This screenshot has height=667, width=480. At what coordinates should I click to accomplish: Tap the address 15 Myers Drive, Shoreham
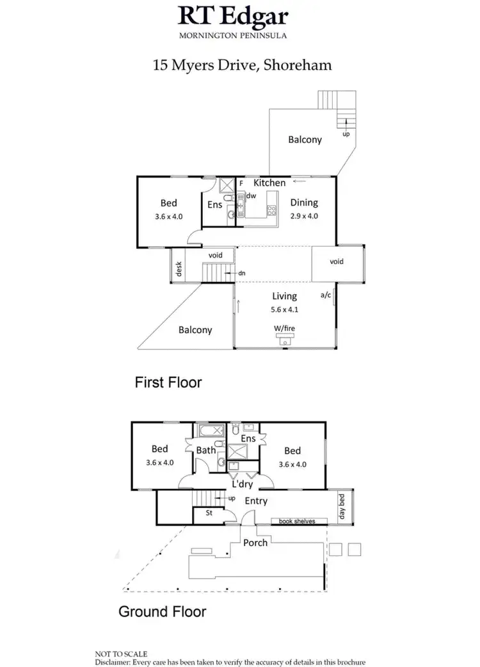coord(240,65)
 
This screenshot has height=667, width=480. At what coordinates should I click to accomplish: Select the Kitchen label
coord(269,183)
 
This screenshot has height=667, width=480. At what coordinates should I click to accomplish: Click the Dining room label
coord(304,202)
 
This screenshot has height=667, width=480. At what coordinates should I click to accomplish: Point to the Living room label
coord(284,296)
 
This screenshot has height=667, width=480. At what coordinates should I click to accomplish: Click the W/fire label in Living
coord(285,329)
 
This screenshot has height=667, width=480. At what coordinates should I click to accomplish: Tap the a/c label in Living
coord(326,296)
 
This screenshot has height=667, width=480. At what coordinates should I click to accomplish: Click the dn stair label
coord(241,274)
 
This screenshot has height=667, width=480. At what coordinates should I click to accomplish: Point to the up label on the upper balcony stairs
coord(347,135)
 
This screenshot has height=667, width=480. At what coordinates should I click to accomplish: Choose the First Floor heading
coord(168,383)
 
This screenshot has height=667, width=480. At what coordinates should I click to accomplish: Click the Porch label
coord(255,543)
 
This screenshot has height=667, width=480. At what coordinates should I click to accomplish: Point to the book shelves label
coord(297,522)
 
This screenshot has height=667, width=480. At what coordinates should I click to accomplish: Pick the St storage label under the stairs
coord(209,513)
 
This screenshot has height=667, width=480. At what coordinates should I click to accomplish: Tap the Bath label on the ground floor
coord(206,450)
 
